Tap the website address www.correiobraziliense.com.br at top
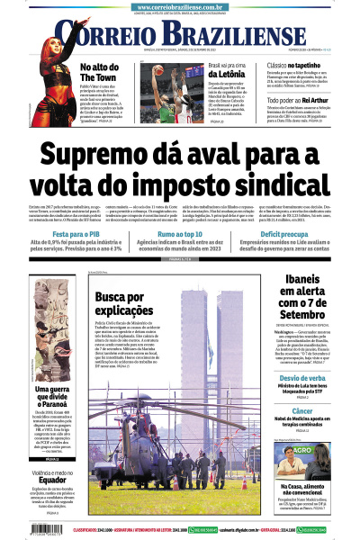(180, 6)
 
